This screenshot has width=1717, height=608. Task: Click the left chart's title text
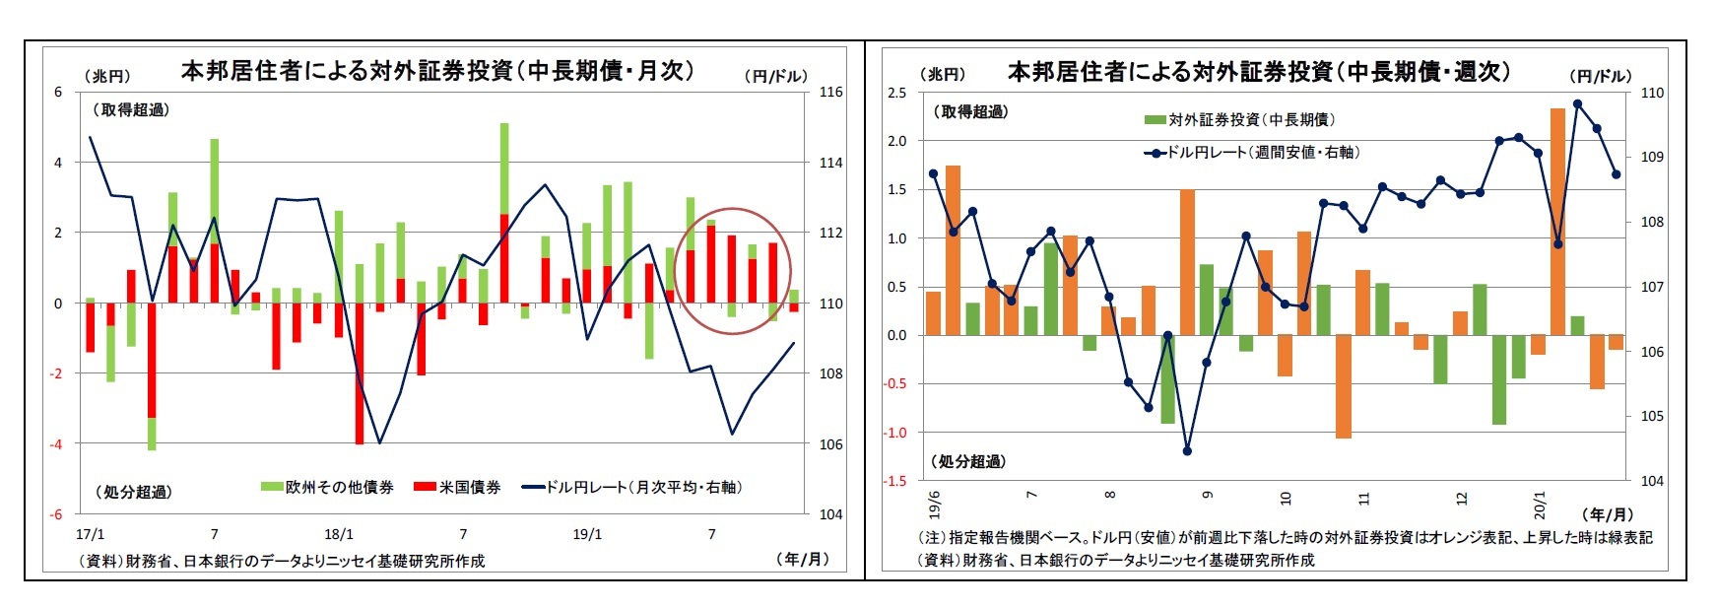tap(437, 71)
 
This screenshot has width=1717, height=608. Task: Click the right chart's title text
tap(1258, 71)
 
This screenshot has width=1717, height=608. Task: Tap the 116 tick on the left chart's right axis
tap(830, 92)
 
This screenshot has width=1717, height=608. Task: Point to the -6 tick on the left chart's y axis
tap(57, 514)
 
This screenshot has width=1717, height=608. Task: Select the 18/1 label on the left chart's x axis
tap(339, 534)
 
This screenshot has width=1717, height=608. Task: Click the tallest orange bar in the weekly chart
tap(1557, 222)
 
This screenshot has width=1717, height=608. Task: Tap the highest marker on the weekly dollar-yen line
tap(1577, 103)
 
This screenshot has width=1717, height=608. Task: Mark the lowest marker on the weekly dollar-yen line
tap(1187, 451)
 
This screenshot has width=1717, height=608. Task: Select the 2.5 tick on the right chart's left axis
tap(896, 93)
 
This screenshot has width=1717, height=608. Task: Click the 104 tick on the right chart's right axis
tap(1652, 481)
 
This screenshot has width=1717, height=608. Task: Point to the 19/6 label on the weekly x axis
tap(934, 504)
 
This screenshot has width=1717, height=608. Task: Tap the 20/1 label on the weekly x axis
tap(1539, 505)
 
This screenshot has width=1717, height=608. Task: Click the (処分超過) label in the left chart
tap(133, 492)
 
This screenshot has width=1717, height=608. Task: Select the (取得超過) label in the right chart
tap(969, 112)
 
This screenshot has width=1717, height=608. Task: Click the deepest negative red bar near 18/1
tap(360, 374)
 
